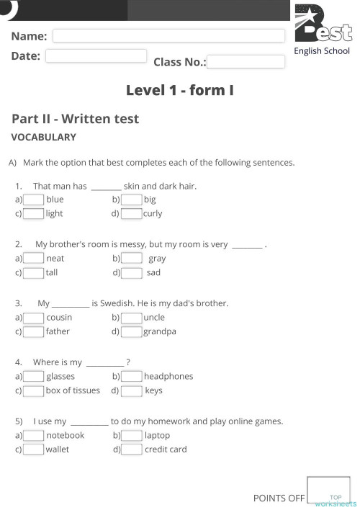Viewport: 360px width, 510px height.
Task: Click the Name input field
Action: click(x=169, y=36)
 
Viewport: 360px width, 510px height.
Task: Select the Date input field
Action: click(x=96, y=56)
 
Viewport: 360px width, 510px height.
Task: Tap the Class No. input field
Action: click(x=246, y=62)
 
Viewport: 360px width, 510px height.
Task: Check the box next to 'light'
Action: click(x=34, y=214)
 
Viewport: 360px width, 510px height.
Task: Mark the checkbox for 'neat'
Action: click(x=34, y=259)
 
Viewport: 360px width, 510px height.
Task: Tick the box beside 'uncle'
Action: click(x=132, y=318)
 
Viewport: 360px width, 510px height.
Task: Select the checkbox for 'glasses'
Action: click(x=34, y=377)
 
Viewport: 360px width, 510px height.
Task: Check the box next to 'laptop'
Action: click(x=132, y=436)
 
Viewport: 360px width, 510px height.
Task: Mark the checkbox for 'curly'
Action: click(x=132, y=214)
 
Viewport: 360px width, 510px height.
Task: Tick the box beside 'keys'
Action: click(x=132, y=391)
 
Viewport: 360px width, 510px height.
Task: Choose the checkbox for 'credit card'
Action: click(x=132, y=450)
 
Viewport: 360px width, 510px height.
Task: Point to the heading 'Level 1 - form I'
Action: click(x=179, y=90)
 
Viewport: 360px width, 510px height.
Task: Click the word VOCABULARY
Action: click(x=43, y=137)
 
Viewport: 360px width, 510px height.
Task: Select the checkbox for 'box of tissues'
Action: click(x=34, y=391)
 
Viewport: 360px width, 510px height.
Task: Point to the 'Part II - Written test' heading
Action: click(x=75, y=119)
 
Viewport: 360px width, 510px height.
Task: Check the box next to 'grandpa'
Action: click(x=132, y=332)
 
